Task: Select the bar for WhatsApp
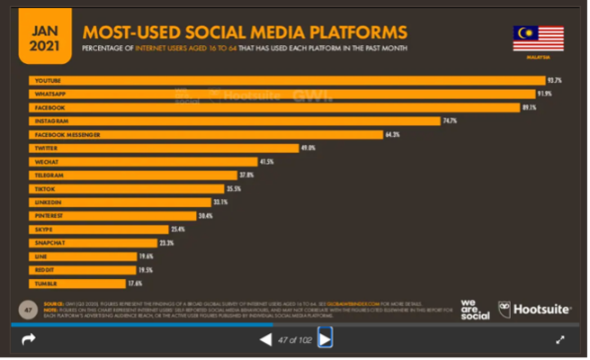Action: (x=284, y=94)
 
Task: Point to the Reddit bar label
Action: (x=44, y=270)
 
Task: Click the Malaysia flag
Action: (x=538, y=39)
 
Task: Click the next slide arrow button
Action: (x=325, y=338)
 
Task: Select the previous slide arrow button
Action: (x=265, y=338)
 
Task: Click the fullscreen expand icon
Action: (x=560, y=339)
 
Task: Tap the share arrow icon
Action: (x=28, y=339)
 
